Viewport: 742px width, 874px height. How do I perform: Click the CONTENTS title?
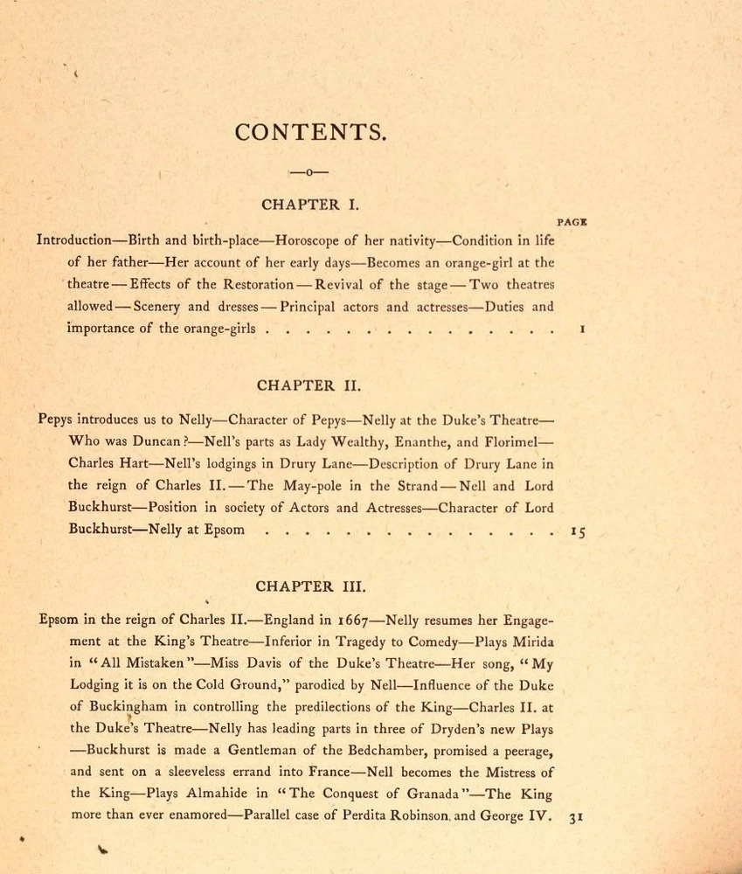[309, 132]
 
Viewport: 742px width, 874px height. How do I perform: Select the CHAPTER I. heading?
[309, 205]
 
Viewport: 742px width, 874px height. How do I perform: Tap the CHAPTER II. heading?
[309, 385]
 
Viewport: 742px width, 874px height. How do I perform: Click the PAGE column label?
[572, 222]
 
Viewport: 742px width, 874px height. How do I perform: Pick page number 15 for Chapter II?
[578, 531]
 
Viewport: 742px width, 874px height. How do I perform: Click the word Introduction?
[74, 239]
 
